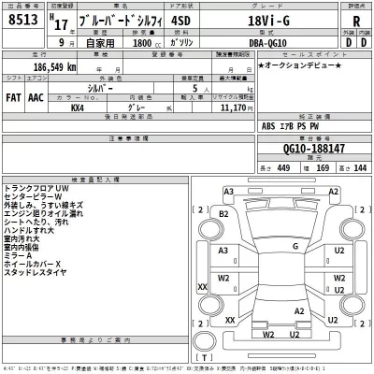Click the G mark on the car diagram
(268, 246)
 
